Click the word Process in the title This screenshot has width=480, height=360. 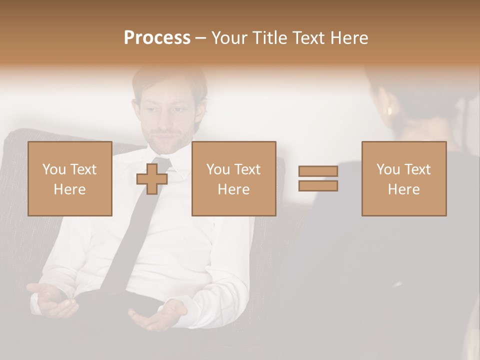click(x=157, y=38)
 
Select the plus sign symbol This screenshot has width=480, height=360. click(x=152, y=179)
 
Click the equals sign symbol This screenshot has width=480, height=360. click(x=318, y=178)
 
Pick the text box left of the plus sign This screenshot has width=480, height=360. click(x=70, y=178)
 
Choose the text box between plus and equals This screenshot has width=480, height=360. click(x=234, y=178)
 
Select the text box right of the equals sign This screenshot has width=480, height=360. click(x=404, y=178)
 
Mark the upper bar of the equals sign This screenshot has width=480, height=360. click(x=318, y=171)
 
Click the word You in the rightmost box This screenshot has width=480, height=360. click(x=388, y=169)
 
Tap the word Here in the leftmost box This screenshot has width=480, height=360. click(x=70, y=189)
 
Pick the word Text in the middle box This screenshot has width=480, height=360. click(x=247, y=169)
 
